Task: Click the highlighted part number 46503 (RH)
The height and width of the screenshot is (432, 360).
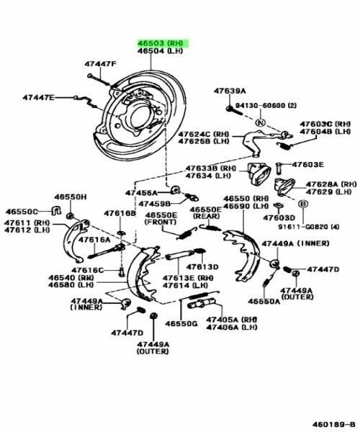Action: [x=162, y=44]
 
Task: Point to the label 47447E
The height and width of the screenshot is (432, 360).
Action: [x=37, y=97]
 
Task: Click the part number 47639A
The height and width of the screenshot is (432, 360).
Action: [x=230, y=91]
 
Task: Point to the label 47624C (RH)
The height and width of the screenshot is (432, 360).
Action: [x=204, y=135]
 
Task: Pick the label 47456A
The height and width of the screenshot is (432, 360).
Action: [x=140, y=193]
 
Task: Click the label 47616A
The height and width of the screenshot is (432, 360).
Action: [x=94, y=240]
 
